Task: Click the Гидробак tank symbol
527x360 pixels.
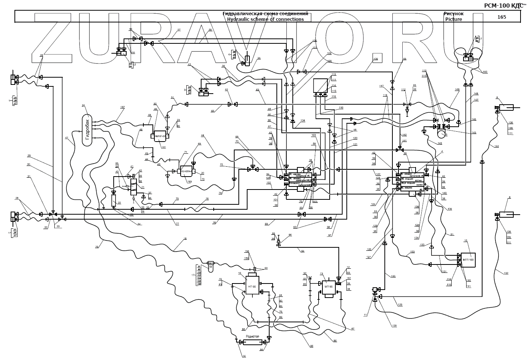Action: (x=88, y=130)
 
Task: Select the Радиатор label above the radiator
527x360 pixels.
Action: (x=252, y=336)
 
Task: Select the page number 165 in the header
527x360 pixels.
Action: (x=502, y=17)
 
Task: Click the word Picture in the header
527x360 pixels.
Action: (x=454, y=19)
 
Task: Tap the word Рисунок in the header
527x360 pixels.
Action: (x=454, y=14)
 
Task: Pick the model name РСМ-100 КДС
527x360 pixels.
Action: (x=501, y=5)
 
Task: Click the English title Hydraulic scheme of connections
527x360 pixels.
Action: (x=265, y=19)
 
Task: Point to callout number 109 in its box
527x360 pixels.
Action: (x=375, y=59)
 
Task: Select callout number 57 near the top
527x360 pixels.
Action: (x=179, y=30)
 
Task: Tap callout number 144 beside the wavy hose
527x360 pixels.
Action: (x=497, y=147)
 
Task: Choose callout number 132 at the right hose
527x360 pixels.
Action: (x=506, y=273)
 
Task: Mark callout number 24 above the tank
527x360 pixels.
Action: (x=83, y=105)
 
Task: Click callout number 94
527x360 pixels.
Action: (x=302, y=252)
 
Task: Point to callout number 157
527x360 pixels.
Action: (x=122, y=108)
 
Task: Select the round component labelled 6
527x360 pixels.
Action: (x=442, y=133)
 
